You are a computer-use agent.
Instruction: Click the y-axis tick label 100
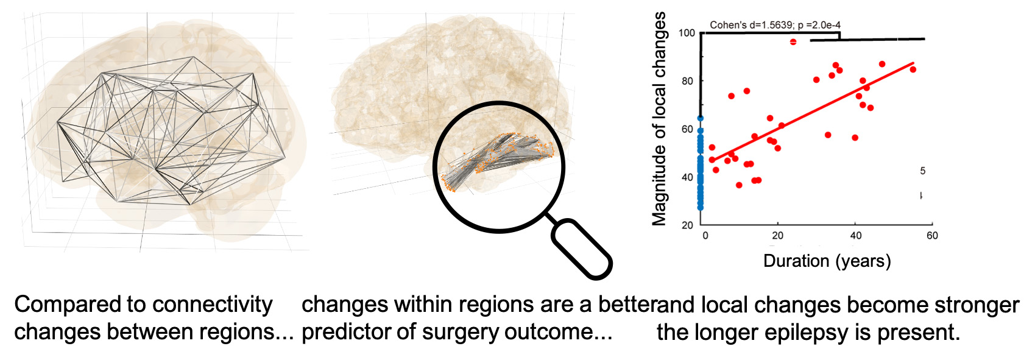pyautogui.click(x=686, y=33)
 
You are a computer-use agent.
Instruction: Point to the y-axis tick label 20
pyautogui.click(x=687, y=225)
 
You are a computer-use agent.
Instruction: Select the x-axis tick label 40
pyautogui.click(x=855, y=236)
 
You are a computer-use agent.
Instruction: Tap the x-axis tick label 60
pyautogui.click(x=932, y=236)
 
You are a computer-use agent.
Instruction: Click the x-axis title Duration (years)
pyautogui.click(x=827, y=261)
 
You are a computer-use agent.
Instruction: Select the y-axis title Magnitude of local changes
pyautogui.click(x=659, y=119)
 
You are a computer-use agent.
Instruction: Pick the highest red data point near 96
pyautogui.click(x=793, y=42)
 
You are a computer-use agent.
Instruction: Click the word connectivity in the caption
pyautogui.click(x=213, y=305)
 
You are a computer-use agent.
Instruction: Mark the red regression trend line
pyautogui.click(x=812, y=111)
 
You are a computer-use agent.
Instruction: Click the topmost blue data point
pyautogui.click(x=701, y=118)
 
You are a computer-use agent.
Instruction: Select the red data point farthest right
pyautogui.click(x=913, y=69)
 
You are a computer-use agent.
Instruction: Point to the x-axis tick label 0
pyautogui.click(x=705, y=236)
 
